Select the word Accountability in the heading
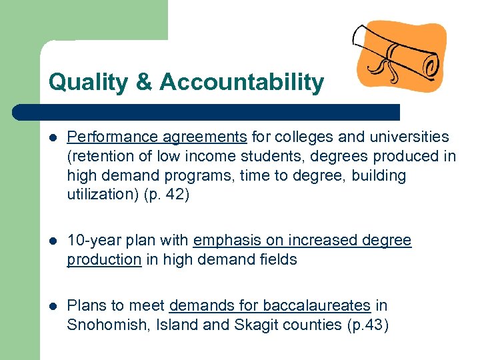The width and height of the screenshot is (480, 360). coord(241,83)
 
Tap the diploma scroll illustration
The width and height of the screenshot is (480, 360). coord(400,58)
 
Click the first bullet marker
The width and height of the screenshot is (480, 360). coord(53,137)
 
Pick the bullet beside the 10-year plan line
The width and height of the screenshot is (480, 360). coord(53,241)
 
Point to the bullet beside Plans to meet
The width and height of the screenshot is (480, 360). coord(53,306)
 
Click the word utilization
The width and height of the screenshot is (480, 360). coord(94,195)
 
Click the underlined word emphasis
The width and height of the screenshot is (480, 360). coord(224,241)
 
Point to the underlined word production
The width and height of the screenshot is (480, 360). coord(104,259)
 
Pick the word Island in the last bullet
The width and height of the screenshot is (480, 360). coord(166,325)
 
